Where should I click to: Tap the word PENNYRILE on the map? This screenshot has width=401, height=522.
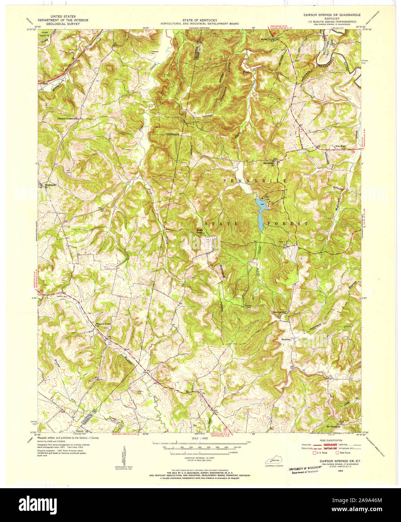(255, 181)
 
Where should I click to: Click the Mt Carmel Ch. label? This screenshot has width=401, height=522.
(335, 427)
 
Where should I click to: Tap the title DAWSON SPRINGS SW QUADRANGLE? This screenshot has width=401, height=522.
(332, 15)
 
